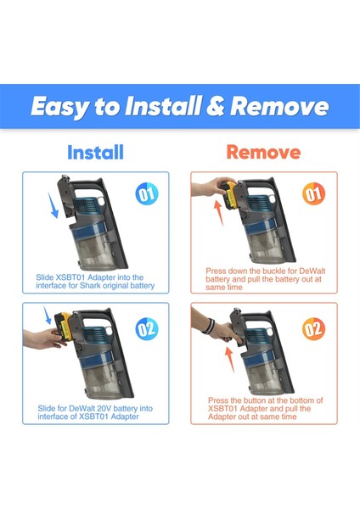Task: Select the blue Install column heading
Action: (94, 153)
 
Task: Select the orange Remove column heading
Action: (262, 153)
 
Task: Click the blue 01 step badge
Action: (147, 194)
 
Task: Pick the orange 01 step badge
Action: (314, 194)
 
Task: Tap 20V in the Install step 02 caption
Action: (113, 408)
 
